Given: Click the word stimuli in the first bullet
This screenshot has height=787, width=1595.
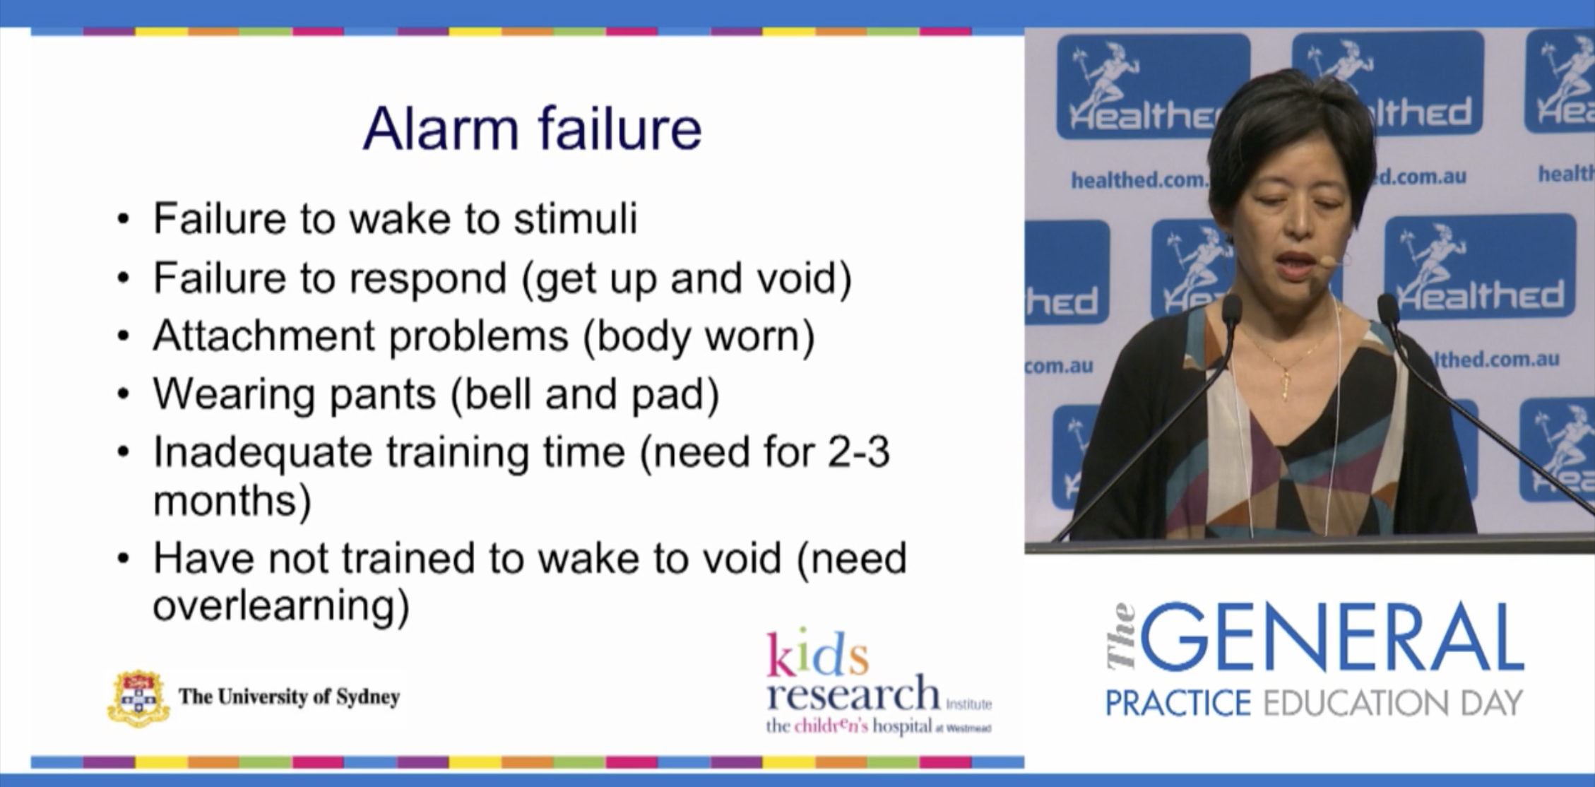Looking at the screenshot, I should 575,218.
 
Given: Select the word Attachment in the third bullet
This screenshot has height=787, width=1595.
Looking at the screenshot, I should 263,336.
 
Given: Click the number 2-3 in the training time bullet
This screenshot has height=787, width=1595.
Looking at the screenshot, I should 858,452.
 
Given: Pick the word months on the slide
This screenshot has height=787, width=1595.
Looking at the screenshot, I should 232,501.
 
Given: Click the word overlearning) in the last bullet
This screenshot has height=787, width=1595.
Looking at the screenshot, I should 280,605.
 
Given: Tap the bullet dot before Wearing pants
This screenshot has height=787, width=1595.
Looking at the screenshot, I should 124,394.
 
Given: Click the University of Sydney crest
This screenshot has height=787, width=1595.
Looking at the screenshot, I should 138,698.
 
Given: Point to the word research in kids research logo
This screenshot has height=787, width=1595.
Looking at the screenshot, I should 853,694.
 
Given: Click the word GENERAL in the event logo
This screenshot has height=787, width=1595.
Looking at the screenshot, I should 1332,639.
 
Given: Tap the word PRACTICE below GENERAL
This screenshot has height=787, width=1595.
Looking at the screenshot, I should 1178,704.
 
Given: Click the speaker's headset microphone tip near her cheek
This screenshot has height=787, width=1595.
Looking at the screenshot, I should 1327,262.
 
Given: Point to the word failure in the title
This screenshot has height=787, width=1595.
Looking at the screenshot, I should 619,129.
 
